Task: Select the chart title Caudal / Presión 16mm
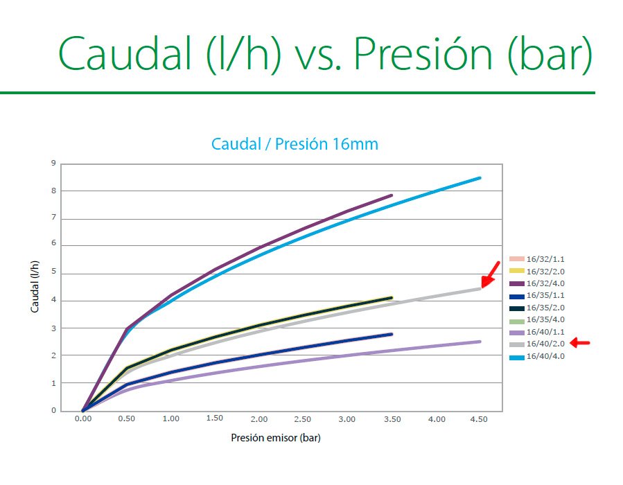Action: pos(295,145)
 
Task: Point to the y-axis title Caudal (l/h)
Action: pos(35,287)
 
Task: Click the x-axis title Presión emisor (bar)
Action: pos(275,438)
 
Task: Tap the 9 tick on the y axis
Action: pos(53,164)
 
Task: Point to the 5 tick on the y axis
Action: pos(53,273)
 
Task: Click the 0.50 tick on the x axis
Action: pos(127,419)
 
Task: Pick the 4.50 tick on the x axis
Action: pos(480,419)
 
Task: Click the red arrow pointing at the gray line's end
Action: pos(491,274)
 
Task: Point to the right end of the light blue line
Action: pos(480,178)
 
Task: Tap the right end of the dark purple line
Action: pos(392,195)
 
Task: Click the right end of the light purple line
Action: pos(480,341)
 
